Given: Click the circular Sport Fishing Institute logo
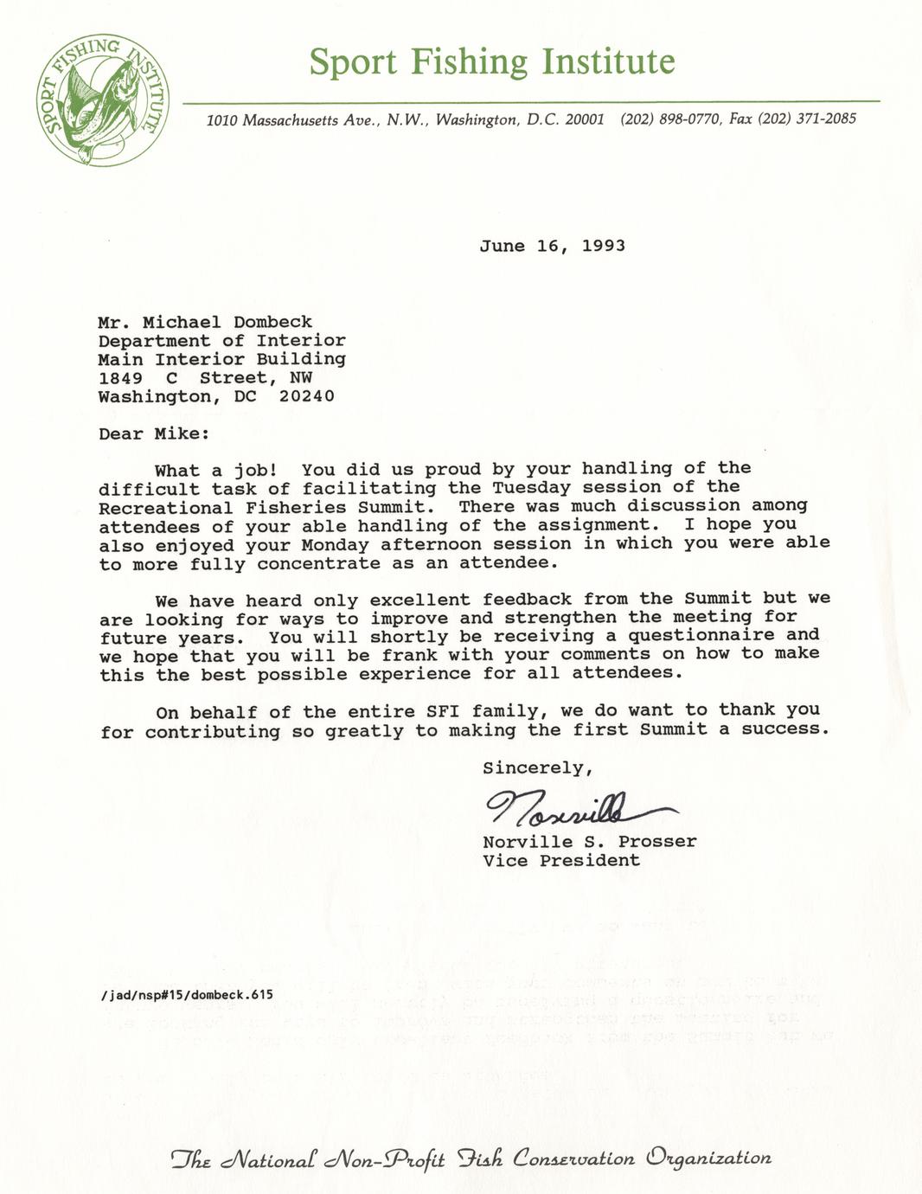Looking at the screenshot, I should click(102, 100).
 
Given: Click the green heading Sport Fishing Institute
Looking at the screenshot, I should click(491, 62).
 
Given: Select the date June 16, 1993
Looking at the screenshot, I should click(552, 246).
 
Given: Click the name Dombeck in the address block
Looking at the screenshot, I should click(272, 322).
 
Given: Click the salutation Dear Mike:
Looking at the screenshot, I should click(153, 433).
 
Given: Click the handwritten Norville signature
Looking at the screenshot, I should click(579, 810).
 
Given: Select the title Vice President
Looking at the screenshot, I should click(560, 860).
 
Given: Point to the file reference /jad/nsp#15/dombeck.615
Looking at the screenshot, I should click(186, 994).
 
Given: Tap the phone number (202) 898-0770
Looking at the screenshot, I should click(670, 119).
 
